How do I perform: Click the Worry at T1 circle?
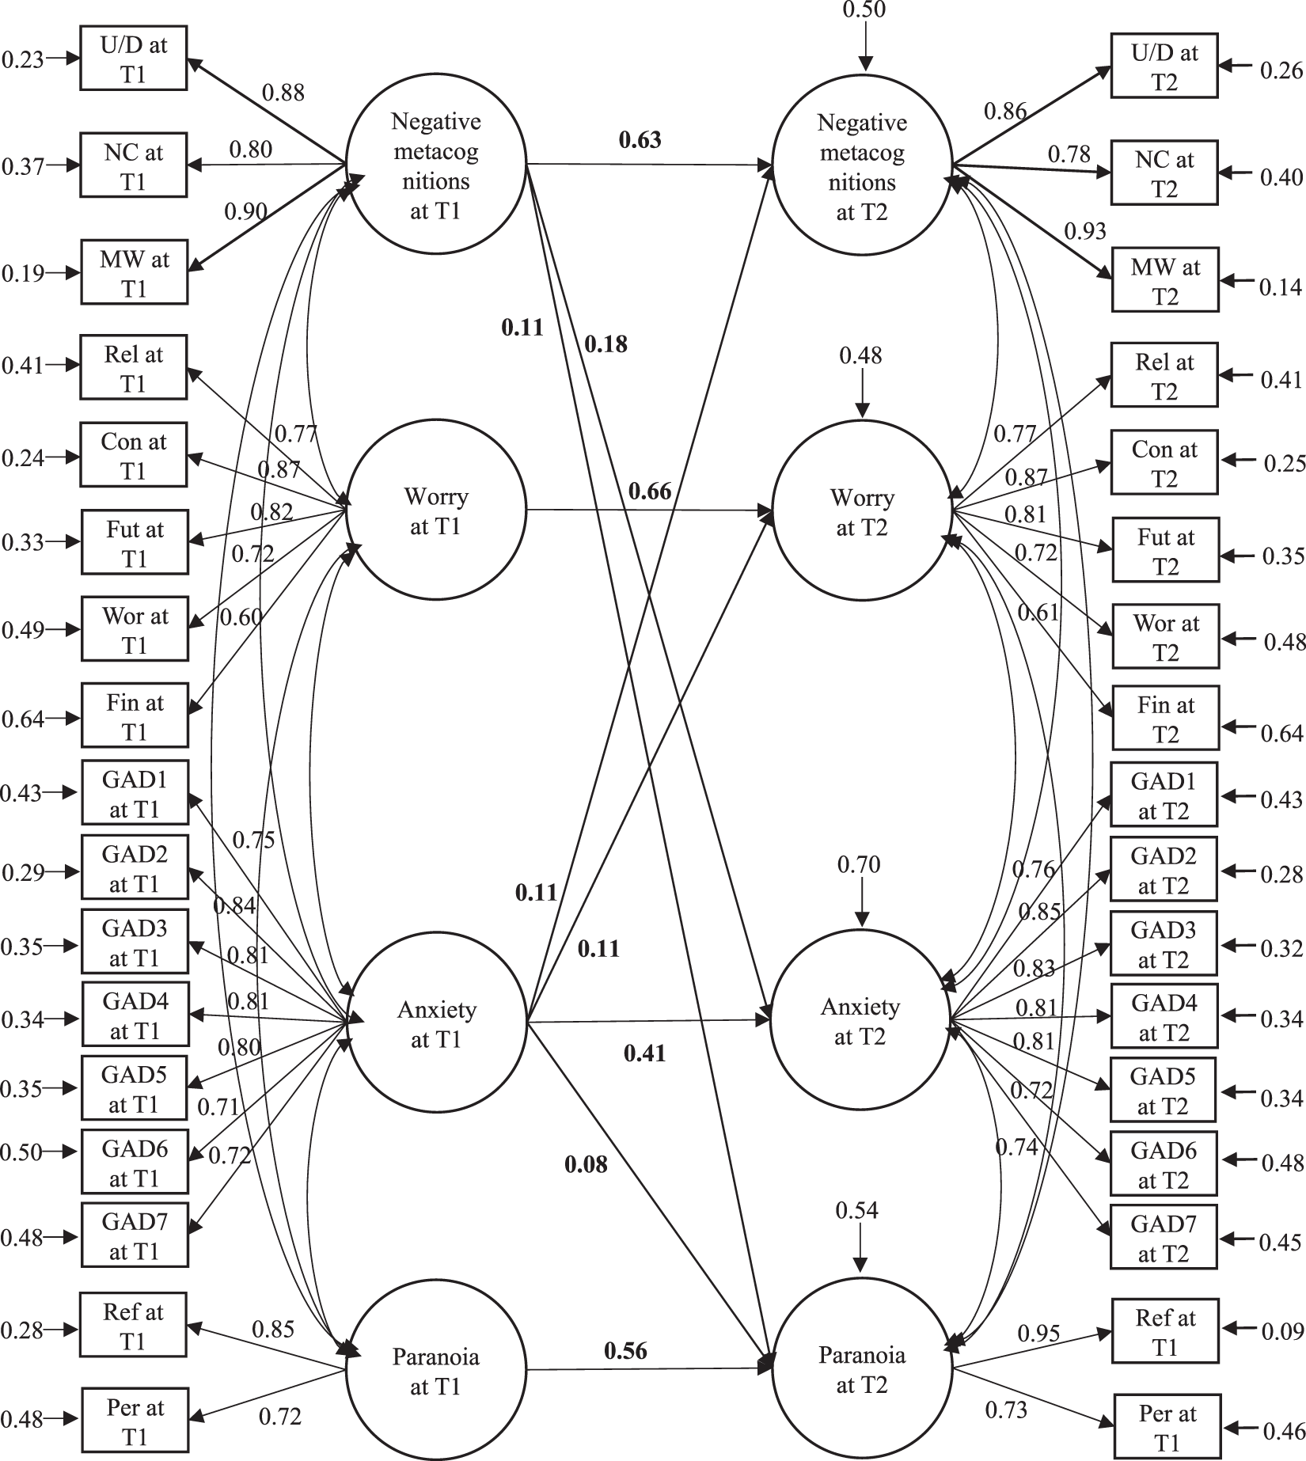click(x=435, y=510)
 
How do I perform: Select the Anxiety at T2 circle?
click(x=861, y=1021)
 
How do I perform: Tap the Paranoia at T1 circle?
click(x=435, y=1371)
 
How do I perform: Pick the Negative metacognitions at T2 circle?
click(x=862, y=166)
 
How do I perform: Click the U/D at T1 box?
click(x=134, y=59)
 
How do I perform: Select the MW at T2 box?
click(x=1164, y=281)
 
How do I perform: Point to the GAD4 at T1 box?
click(x=135, y=1016)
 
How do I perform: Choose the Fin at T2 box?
click(x=1165, y=719)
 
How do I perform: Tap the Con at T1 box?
click(x=134, y=456)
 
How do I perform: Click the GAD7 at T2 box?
click(x=1164, y=1239)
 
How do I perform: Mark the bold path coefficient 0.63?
click(x=640, y=140)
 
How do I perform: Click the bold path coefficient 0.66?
click(x=649, y=491)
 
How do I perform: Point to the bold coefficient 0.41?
click(x=644, y=1053)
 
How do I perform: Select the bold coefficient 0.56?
click(x=625, y=1350)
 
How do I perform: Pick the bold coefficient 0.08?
click(x=586, y=1163)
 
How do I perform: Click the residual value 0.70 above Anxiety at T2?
click(x=859, y=864)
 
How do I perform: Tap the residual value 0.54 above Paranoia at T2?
click(x=857, y=1210)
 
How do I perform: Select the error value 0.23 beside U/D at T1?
click(x=22, y=59)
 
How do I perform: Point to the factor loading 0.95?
click(x=1038, y=1334)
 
